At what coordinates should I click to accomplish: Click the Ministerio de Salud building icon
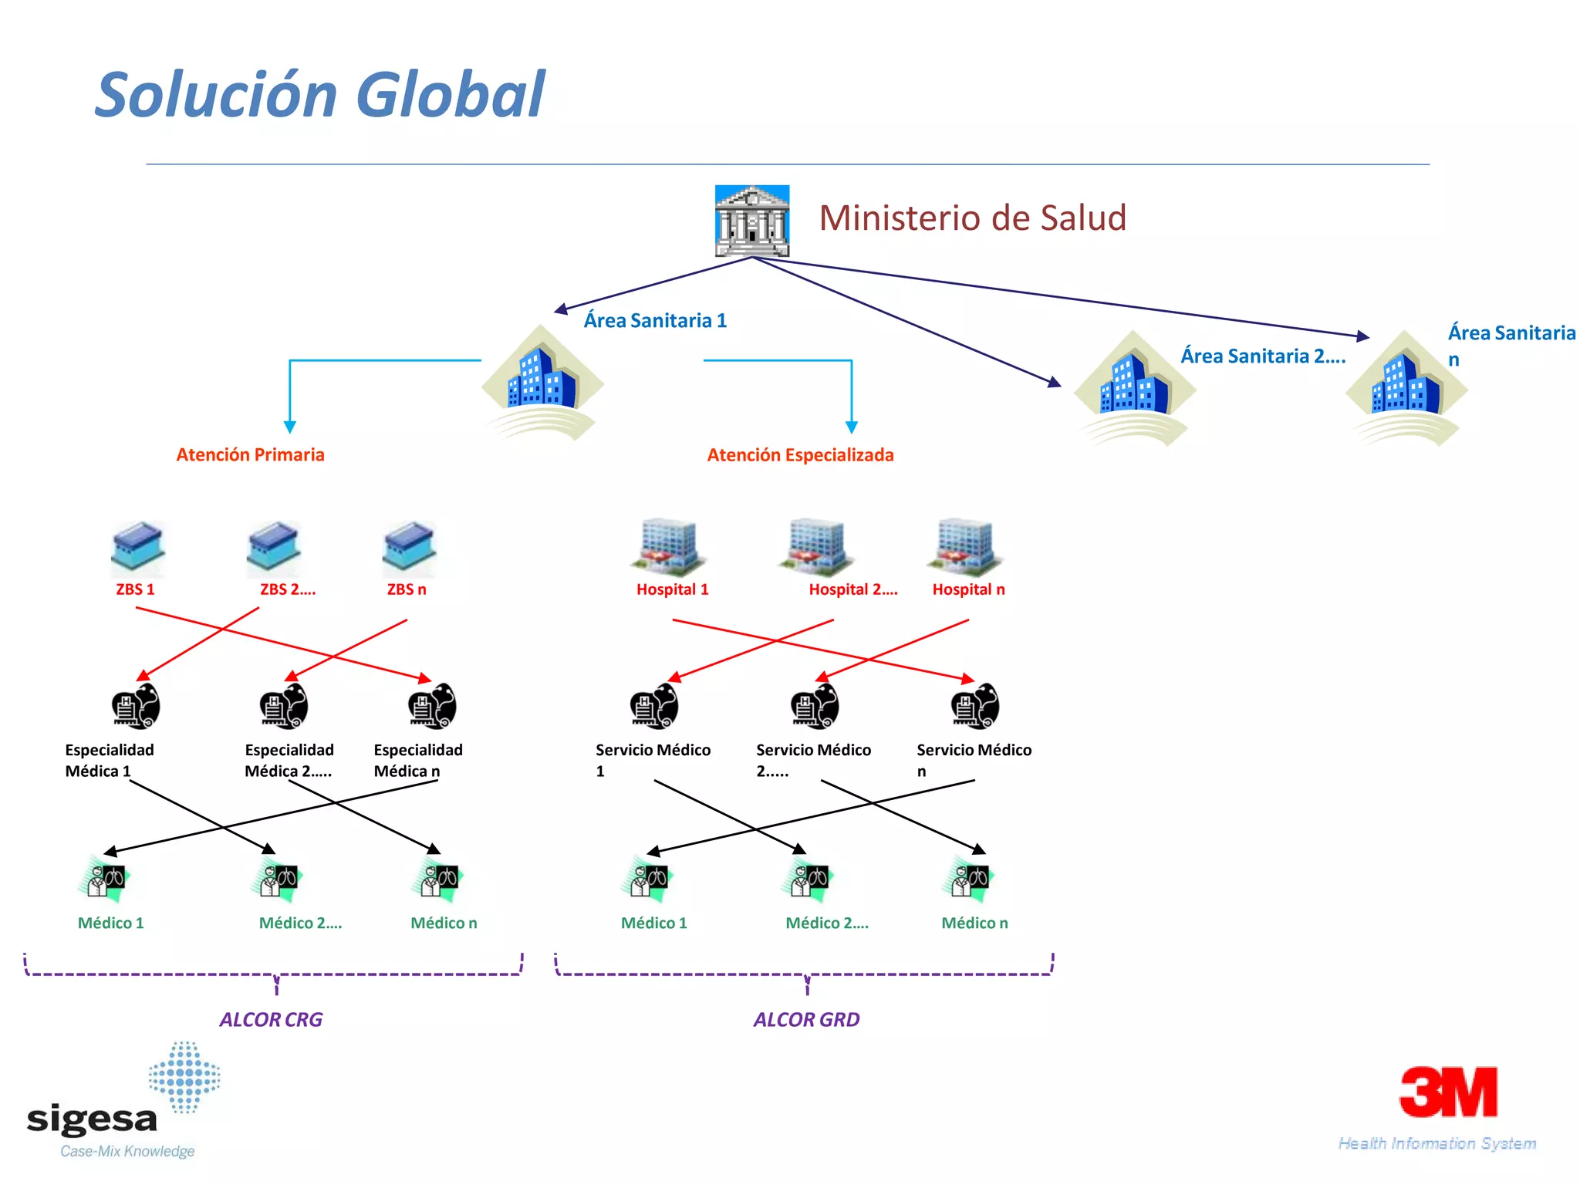(x=751, y=221)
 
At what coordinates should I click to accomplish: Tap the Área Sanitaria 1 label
(x=655, y=320)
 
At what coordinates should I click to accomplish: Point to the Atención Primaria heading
(x=250, y=454)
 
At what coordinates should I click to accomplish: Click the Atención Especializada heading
(x=800, y=455)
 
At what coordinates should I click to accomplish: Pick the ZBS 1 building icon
(x=137, y=549)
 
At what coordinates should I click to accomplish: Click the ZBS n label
(x=407, y=589)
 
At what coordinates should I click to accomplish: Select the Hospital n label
(x=968, y=589)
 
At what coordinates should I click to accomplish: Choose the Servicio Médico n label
(x=974, y=759)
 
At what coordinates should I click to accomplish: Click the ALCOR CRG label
(x=271, y=1020)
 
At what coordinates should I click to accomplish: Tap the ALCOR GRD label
(x=806, y=1020)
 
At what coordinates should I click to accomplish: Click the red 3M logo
(x=1449, y=1092)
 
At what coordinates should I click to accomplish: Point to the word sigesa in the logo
(x=92, y=1119)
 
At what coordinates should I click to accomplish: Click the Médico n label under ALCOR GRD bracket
(x=974, y=923)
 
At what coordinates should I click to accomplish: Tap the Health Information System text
(x=1437, y=1143)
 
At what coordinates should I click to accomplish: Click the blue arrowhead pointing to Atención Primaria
(x=290, y=427)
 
